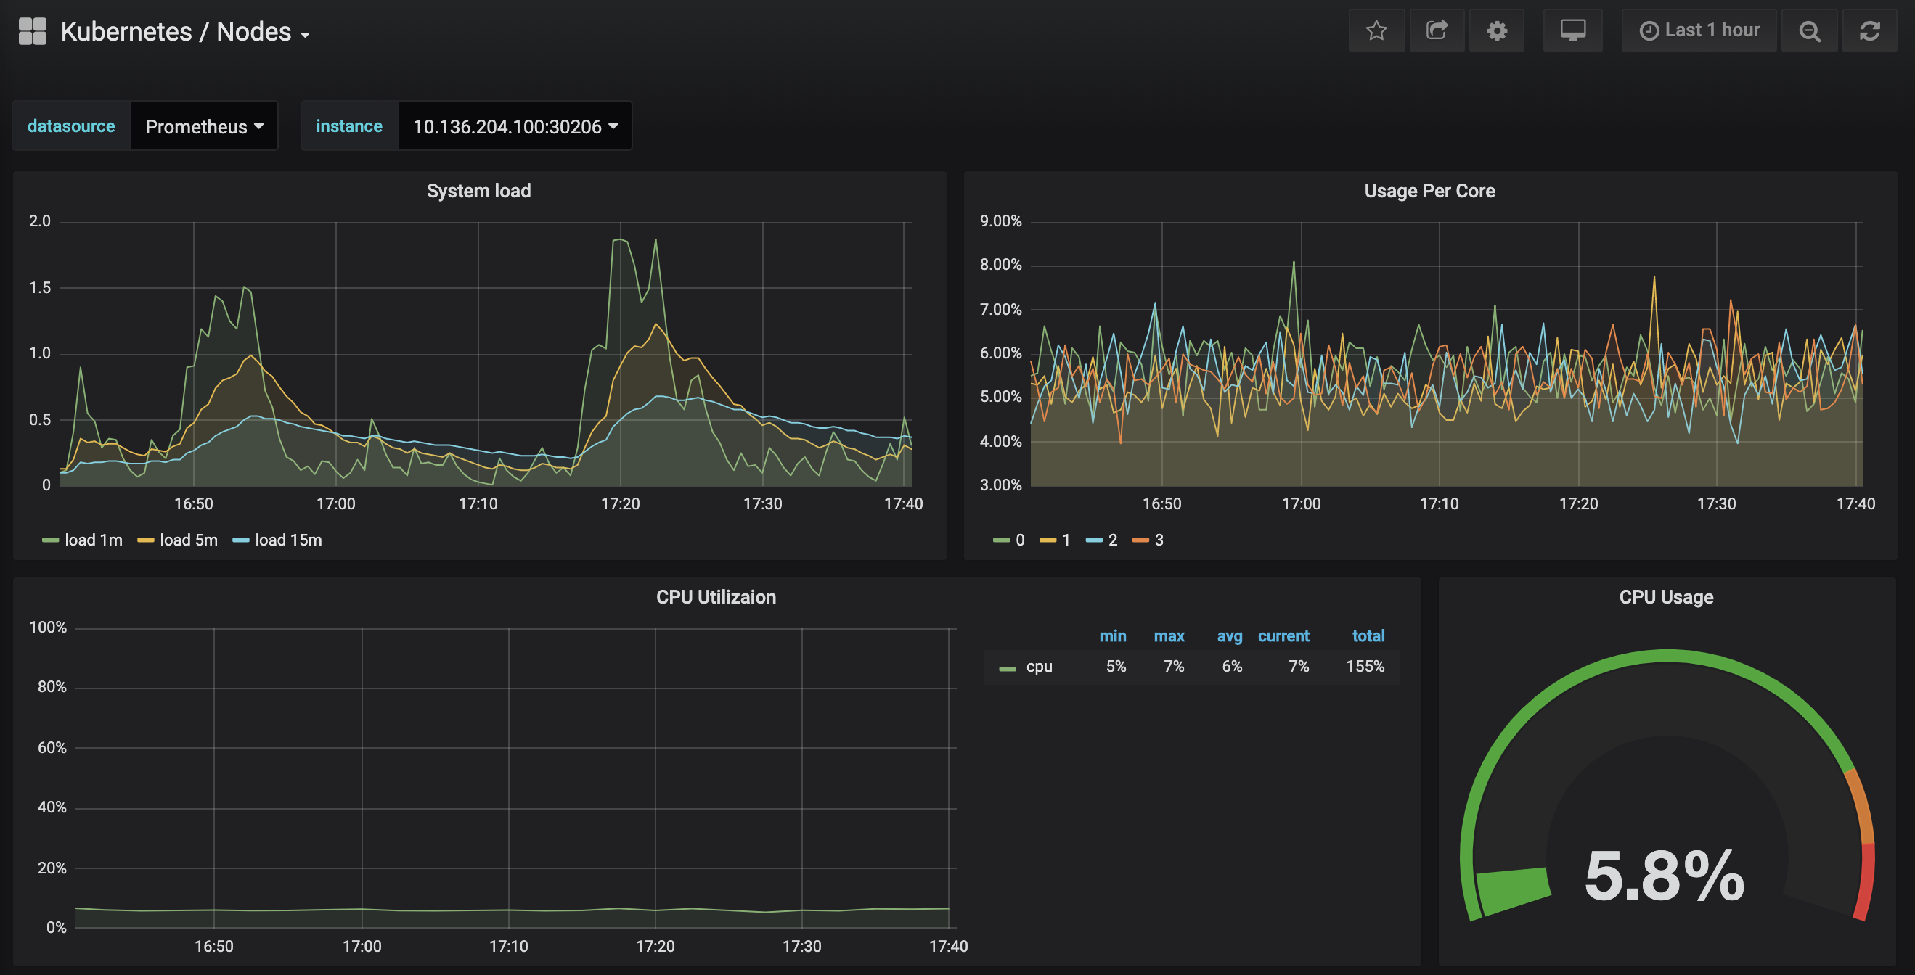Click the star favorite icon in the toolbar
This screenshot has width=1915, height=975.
click(x=1376, y=30)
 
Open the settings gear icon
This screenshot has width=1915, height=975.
click(x=1496, y=30)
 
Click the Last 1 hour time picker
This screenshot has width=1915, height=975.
click(x=1699, y=30)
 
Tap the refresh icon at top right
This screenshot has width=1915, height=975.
click(x=1870, y=30)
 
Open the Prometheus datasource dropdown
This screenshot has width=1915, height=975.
click(x=204, y=126)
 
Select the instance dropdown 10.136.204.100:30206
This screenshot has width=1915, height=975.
click(x=515, y=126)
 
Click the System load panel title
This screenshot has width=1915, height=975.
click(x=479, y=191)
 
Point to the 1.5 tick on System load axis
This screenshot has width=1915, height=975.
click(x=40, y=287)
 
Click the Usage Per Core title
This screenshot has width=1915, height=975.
click(x=1429, y=191)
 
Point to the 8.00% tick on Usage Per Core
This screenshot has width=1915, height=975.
click(x=1000, y=265)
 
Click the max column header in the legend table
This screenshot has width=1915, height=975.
click(x=1169, y=636)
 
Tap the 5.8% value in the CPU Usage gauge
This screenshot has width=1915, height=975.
click(x=1664, y=877)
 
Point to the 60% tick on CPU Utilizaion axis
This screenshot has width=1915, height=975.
click(x=52, y=748)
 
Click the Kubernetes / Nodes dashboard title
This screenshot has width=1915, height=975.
click(x=176, y=32)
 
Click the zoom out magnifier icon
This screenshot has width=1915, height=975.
click(x=1810, y=30)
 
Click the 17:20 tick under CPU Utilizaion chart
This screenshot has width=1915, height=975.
click(x=655, y=946)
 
